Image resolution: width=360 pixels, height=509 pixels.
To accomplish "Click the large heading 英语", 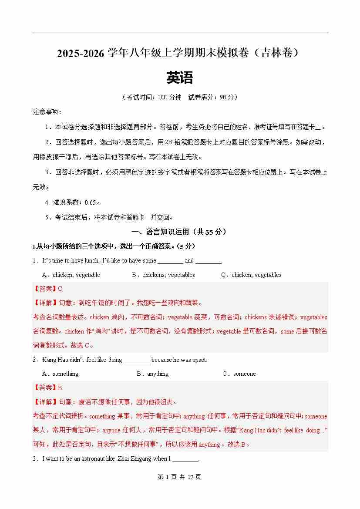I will [179, 78].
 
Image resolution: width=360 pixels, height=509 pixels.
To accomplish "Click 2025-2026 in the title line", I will [81, 54].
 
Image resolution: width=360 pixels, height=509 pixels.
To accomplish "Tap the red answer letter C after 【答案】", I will [60, 289].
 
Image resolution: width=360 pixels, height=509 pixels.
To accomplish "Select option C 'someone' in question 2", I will [244, 374].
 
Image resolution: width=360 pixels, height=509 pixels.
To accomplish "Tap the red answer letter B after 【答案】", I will [60, 388].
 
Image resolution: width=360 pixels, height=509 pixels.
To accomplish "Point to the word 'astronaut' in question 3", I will [93, 458].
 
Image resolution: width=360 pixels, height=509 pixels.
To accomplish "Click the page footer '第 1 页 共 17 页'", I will [179, 477].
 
